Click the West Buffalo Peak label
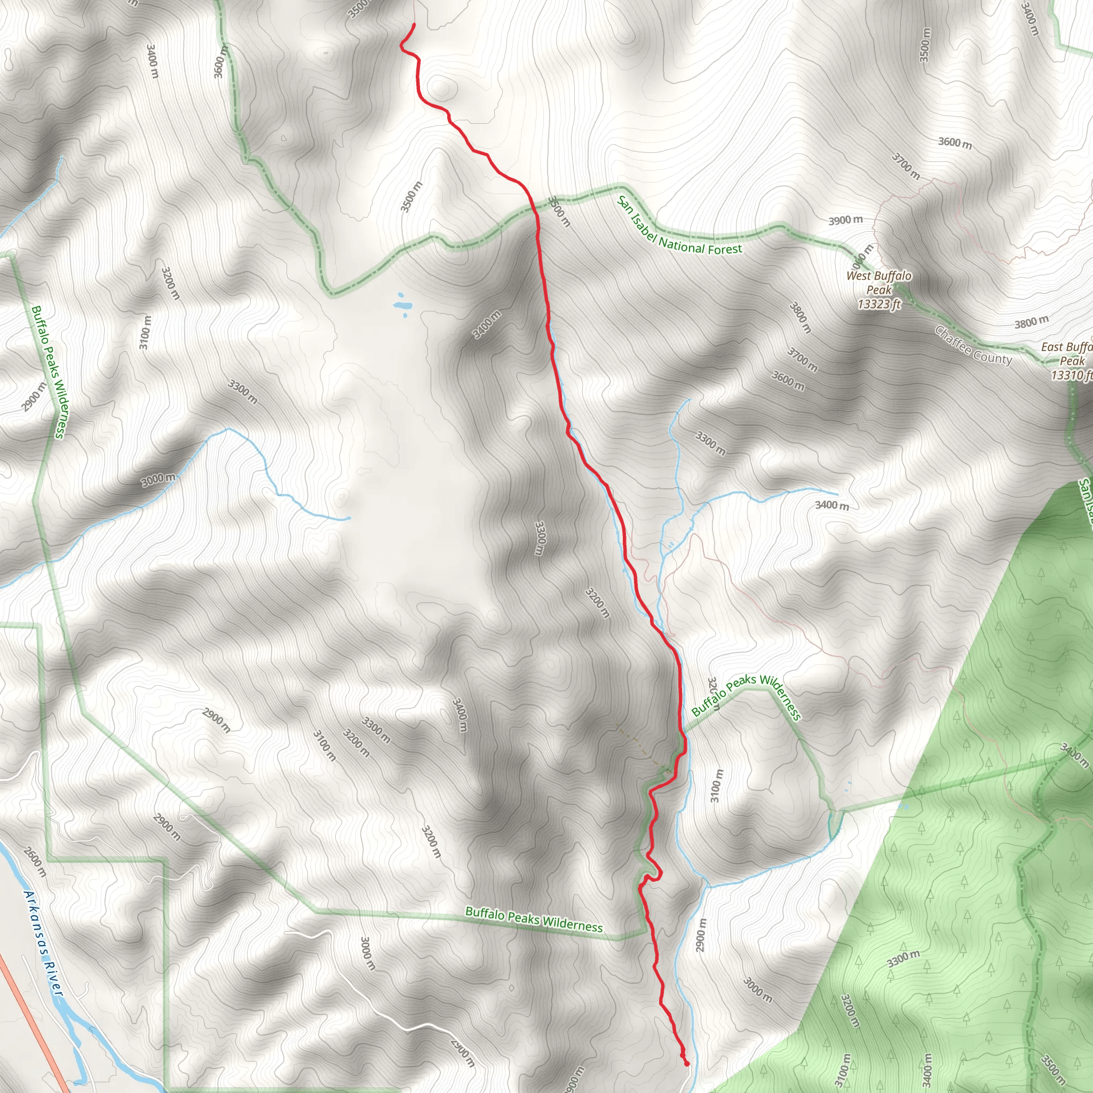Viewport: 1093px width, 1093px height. coord(878,282)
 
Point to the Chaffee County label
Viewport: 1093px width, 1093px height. coord(973,346)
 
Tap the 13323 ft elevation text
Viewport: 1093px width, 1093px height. coord(878,305)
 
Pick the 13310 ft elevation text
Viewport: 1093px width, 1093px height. coord(1071,375)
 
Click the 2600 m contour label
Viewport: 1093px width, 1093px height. coord(35,861)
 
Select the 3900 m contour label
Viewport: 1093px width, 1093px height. coord(846,220)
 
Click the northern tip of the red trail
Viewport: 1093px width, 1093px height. coord(414,25)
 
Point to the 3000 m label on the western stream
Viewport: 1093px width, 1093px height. coord(159,479)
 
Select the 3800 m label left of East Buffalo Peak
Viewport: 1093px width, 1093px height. coord(1031,322)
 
